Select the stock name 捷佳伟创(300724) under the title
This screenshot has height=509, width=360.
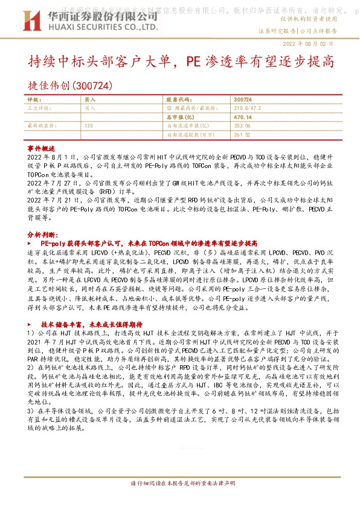click(x=71, y=85)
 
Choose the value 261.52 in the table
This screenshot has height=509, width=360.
click(x=242, y=134)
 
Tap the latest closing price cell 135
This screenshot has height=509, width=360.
click(x=89, y=125)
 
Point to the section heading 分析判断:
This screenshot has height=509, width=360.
click(x=42, y=233)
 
